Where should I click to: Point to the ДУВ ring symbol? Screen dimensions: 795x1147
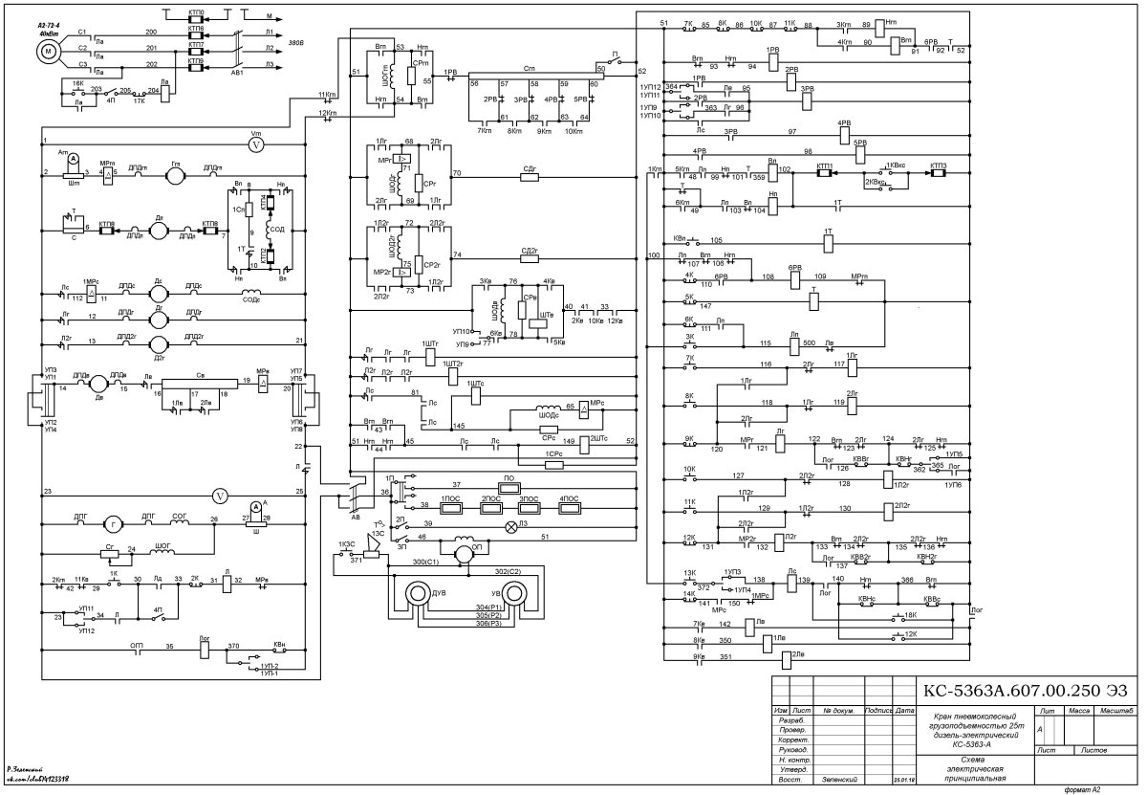click(x=419, y=595)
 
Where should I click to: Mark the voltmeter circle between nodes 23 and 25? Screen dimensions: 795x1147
click(x=221, y=496)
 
